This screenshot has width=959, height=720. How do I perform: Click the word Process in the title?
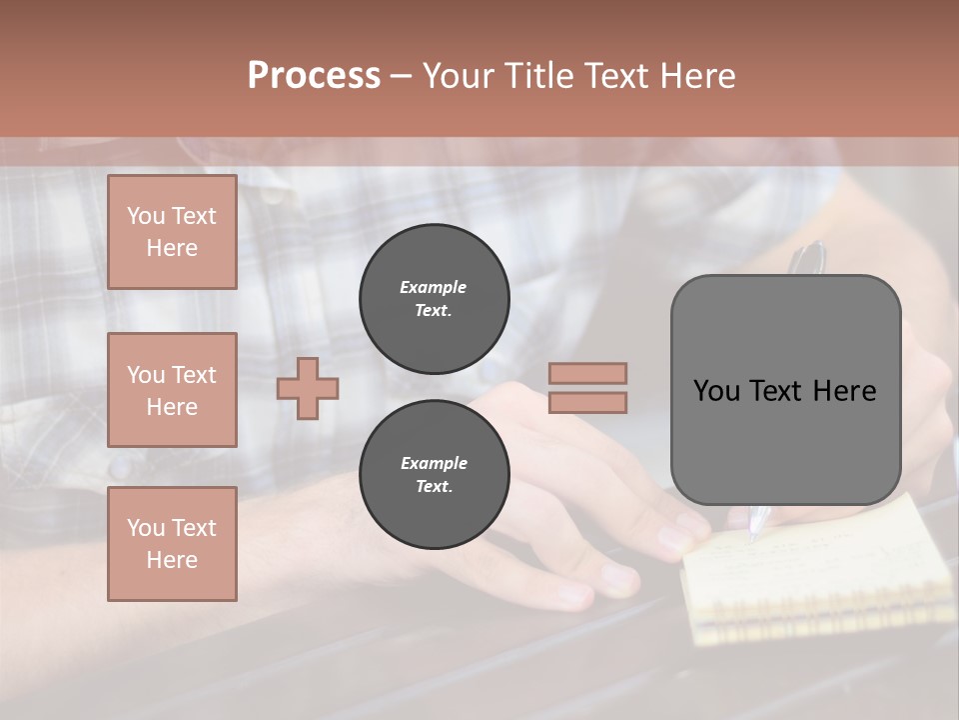point(314,76)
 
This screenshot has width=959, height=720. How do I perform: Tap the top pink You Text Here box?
point(172,232)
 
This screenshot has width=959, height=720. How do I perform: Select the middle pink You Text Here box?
point(172,390)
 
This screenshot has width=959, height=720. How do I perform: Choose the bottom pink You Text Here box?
point(172,544)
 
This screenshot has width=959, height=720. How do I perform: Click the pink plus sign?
point(308,389)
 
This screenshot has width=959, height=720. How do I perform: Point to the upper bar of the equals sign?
point(587,373)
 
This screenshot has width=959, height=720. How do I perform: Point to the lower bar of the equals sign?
point(587,403)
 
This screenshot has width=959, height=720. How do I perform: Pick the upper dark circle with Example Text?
point(434,298)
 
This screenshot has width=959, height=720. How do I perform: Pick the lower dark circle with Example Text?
point(434,474)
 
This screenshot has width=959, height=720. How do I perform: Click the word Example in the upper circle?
point(433,287)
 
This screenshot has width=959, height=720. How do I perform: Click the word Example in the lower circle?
point(434,463)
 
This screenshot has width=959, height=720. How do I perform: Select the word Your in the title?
point(456,76)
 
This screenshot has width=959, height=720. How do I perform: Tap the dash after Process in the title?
point(401,76)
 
